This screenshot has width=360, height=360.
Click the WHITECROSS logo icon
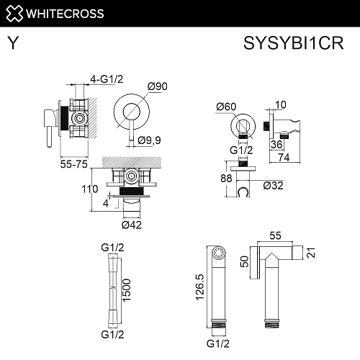pos(15,12)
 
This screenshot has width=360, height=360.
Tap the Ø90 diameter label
pos(157,86)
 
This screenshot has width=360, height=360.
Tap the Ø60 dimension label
pos(225,107)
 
